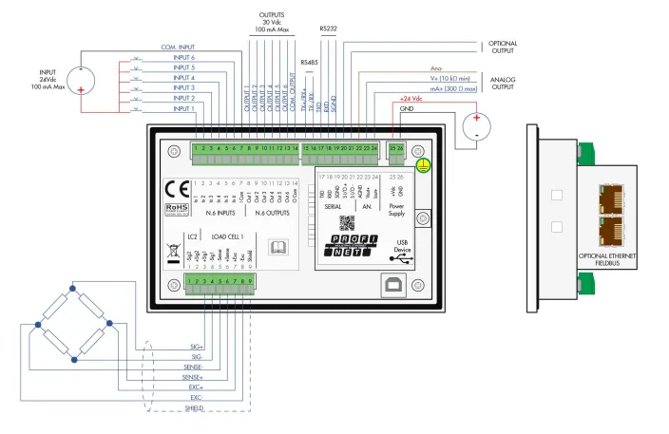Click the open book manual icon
pyautogui.click(x=279, y=248)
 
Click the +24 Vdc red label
pyautogui.click(x=410, y=99)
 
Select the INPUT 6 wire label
pyautogui.click(x=184, y=57)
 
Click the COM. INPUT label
pyautogui.click(x=178, y=47)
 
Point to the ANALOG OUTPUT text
pyautogui.click(x=503, y=84)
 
